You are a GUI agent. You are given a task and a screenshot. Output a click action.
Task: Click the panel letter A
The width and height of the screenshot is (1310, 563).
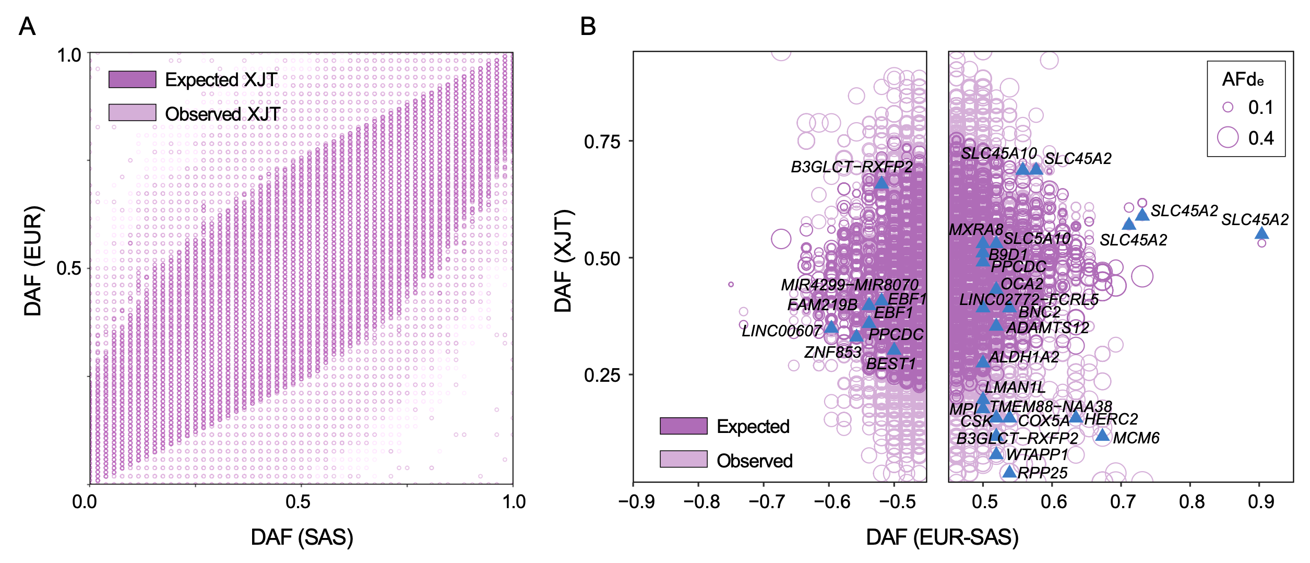[x=27, y=26]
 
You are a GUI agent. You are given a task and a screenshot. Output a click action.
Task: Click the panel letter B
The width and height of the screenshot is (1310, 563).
[x=588, y=26]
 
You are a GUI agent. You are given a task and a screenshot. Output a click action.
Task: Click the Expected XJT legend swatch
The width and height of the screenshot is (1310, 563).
[x=132, y=79]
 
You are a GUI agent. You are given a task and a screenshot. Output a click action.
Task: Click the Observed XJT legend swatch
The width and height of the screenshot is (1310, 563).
[x=132, y=113]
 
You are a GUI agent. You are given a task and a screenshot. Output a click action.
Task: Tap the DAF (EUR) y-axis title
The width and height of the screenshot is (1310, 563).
[x=33, y=261]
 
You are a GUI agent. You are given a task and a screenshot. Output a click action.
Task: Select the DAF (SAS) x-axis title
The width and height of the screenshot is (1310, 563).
[x=302, y=537]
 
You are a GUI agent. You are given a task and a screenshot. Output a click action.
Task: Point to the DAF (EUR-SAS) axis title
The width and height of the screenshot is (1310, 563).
[x=942, y=537]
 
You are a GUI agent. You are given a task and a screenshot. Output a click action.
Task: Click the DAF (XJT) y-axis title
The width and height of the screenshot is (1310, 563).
[x=564, y=261]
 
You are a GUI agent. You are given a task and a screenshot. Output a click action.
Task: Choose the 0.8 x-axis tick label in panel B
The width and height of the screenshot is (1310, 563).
[x=1192, y=502]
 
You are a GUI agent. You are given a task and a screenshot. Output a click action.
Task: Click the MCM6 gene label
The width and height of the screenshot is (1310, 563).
[x=1136, y=438]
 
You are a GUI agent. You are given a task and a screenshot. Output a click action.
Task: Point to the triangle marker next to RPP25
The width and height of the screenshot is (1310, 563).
[x=1009, y=472]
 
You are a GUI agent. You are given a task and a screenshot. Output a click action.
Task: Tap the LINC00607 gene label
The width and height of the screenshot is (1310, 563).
[x=781, y=331]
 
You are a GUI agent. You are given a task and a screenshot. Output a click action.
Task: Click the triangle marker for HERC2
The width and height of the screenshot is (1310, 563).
[x=1076, y=417]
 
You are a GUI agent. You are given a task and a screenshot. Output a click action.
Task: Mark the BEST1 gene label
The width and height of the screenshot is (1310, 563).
[x=891, y=363]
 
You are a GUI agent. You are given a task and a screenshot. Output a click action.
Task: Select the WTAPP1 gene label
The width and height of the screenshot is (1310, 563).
[x=1037, y=454]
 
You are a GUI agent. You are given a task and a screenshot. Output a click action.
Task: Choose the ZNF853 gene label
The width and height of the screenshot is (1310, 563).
[x=832, y=352]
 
